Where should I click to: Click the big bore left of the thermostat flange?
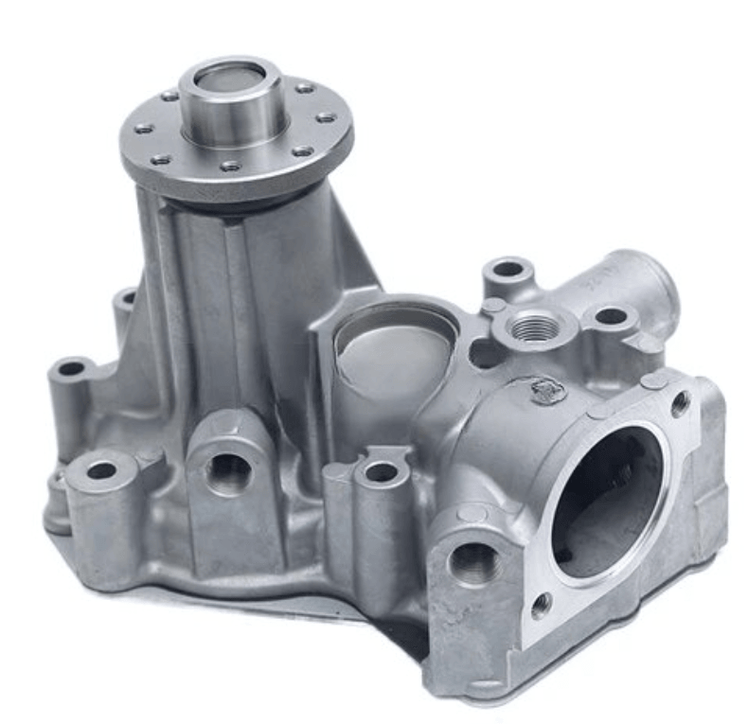click(x=473, y=564)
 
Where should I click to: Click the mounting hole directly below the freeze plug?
click(x=381, y=471)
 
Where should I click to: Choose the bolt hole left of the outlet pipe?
click(x=508, y=269)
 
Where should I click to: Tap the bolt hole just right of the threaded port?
click(x=611, y=316)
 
